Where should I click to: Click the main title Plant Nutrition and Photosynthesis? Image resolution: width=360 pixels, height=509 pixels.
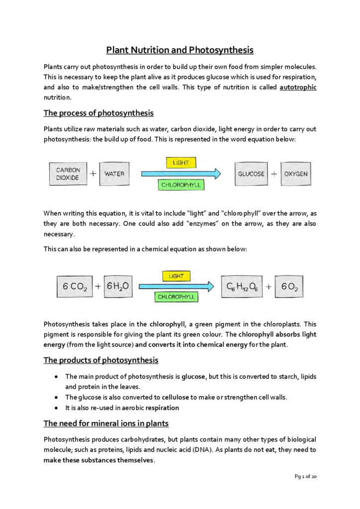180,50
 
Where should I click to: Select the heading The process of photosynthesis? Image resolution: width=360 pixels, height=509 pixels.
98,113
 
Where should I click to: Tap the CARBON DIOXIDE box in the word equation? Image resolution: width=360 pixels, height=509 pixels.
68,174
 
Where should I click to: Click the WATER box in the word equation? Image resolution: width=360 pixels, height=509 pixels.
114,174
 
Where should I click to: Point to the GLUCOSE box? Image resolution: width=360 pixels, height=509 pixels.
251,174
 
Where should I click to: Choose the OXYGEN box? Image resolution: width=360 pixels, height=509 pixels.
296,174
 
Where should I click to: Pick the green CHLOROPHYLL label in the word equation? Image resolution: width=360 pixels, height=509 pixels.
181,185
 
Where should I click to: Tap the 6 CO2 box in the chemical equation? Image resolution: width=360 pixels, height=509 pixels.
75,287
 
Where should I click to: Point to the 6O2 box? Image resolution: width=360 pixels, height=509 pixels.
289,287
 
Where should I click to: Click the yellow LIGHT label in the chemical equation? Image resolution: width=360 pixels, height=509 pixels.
176,276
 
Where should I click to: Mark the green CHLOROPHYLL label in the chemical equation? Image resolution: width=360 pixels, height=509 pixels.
176,297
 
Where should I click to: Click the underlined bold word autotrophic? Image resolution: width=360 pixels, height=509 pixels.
298,87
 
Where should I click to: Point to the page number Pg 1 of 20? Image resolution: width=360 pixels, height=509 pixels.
305,477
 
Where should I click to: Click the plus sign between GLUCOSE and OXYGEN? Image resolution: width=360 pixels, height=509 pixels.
274,174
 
